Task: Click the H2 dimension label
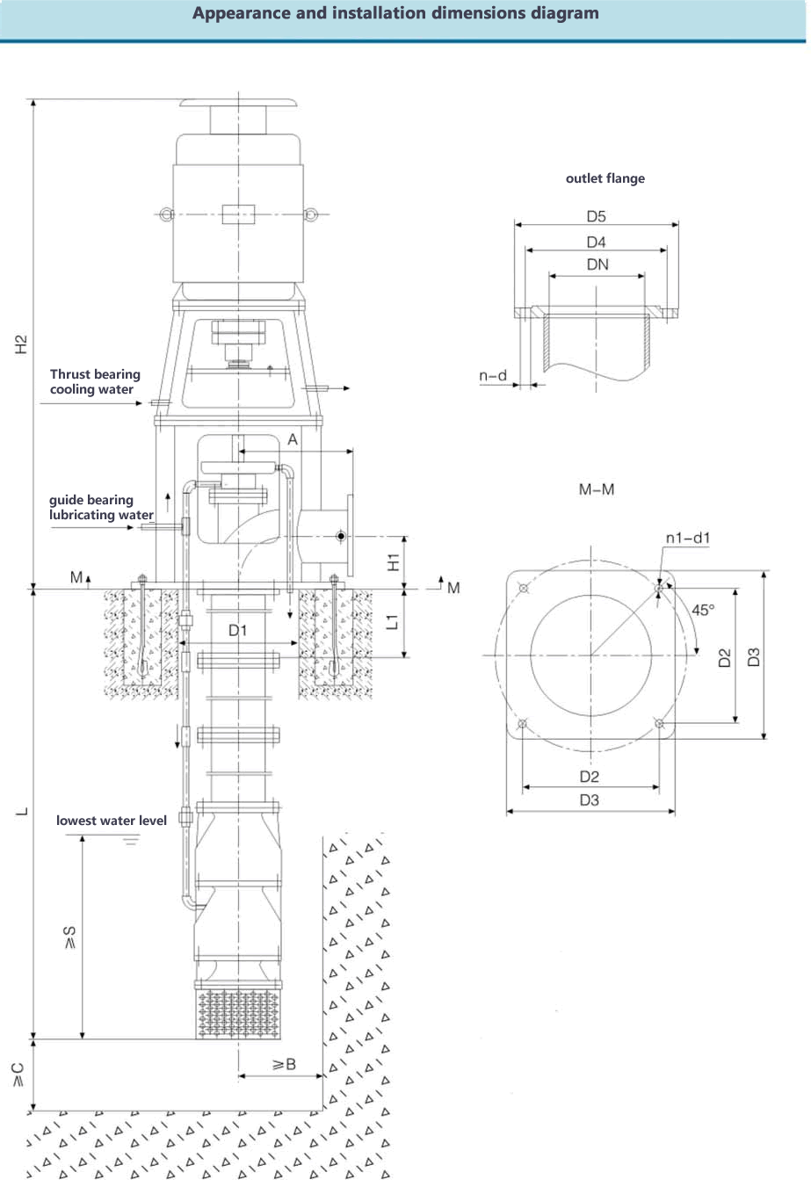click(21, 344)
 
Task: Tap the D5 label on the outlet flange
click(596, 216)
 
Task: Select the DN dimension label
click(597, 264)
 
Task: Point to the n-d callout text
click(493, 376)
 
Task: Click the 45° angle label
click(703, 610)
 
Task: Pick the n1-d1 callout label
click(688, 538)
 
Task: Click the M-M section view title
click(597, 489)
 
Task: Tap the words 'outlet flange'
click(605, 178)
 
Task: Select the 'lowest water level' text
click(112, 821)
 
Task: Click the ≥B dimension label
click(284, 1065)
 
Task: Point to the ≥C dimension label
click(18, 1075)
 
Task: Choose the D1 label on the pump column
click(238, 631)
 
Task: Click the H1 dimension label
click(394, 562)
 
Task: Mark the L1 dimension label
click(393, 622)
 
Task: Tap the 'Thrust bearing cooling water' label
click(95, 381)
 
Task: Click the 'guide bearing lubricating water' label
click(101, 508)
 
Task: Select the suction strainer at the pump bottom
click(238, 1014)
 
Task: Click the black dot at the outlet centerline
click(341, 536)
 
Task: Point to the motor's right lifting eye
click(310, 214)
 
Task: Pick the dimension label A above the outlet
click(293, 440)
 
